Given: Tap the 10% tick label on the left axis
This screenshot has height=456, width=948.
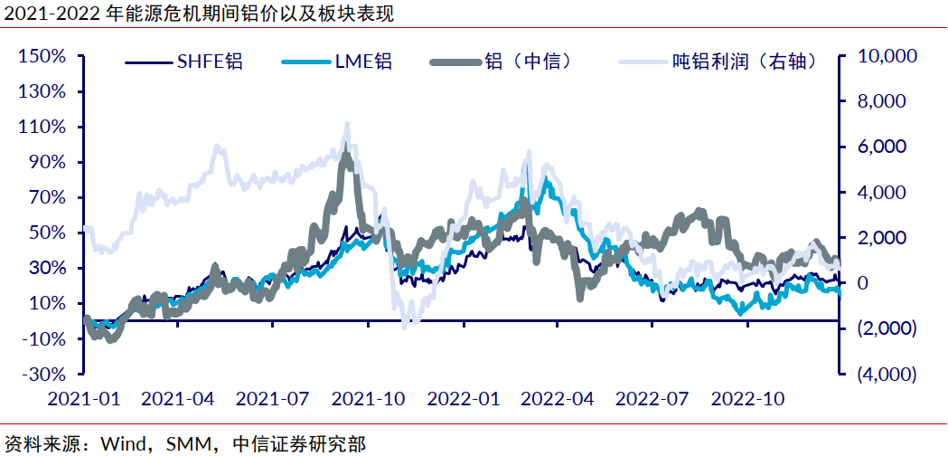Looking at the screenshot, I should pos(46,303).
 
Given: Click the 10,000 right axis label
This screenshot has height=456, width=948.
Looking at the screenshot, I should pos(886,56).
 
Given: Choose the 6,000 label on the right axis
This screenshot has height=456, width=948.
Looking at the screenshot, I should pos(882,147).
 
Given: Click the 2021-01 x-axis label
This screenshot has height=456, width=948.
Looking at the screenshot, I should pos(83,398).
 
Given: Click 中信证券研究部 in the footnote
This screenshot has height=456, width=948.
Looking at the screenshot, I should pos(299,444).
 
